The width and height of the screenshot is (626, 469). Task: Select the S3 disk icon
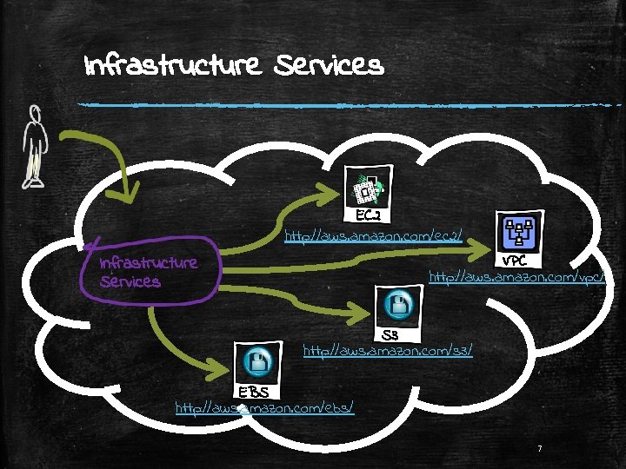[x=402, y=305]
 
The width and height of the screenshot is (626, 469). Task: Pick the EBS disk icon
[x=257, y=360]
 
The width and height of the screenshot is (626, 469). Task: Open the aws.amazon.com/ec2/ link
[x=374, y=234]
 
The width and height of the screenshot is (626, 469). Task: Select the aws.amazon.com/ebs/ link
[x=264, y=406]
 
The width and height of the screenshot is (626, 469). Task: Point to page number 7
[x=540, y=449]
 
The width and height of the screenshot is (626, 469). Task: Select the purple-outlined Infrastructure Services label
[x=148, y=271]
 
